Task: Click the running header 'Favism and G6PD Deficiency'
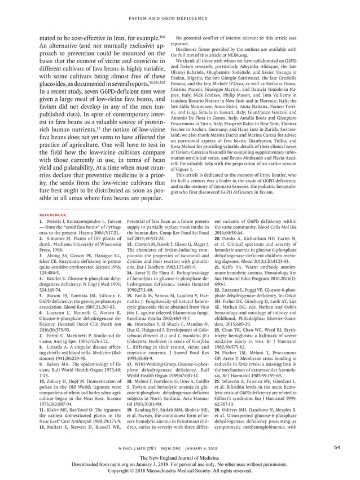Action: [180, 8]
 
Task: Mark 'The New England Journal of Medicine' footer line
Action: [180, 457]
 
